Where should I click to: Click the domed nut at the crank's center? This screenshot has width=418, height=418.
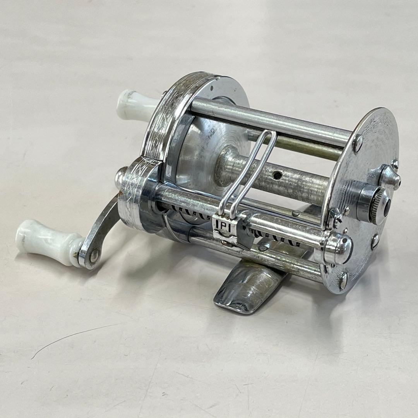point(122,175)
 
